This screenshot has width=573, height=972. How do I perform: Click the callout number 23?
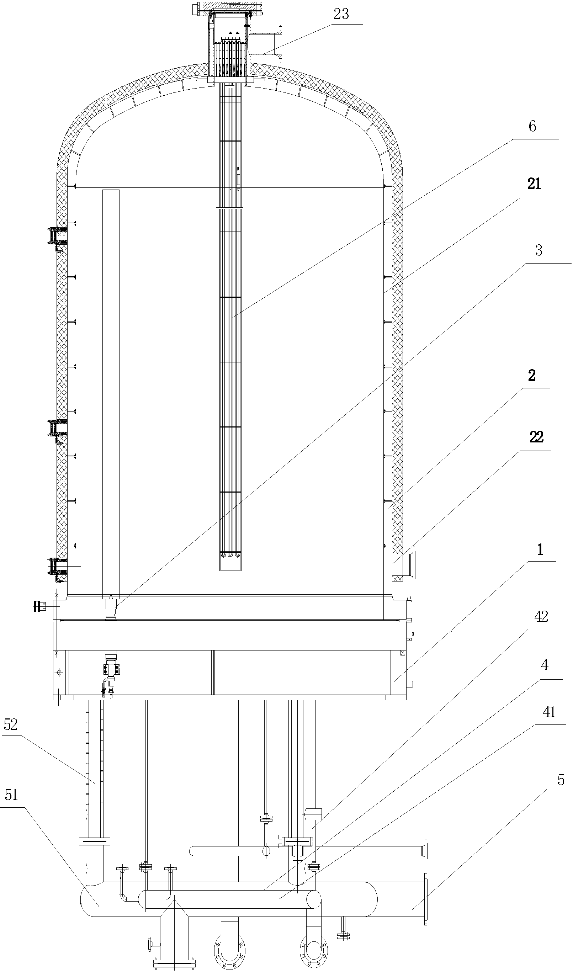pyautogui.click(x=341, y=14)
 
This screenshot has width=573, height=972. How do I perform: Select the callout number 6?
pyautogui.click(x=532, y=126)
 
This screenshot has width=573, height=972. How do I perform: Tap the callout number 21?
pyautogui.click(x=534, y=184)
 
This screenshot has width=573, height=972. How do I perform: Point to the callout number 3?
pyautogui.click(x=538, y=250)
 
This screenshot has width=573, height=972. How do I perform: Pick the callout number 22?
pyautogui.click(x=536, y=437)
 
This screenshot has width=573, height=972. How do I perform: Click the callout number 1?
pyautogui.click(x=540, y=549)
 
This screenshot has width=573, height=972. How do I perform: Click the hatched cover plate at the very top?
pyautogui.click(x=230, y=8)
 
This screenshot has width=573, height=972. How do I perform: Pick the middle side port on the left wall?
pyautogui.click(x=57, y=428)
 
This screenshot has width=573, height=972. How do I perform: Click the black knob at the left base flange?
pyautogui.click(x=38, y=606)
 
